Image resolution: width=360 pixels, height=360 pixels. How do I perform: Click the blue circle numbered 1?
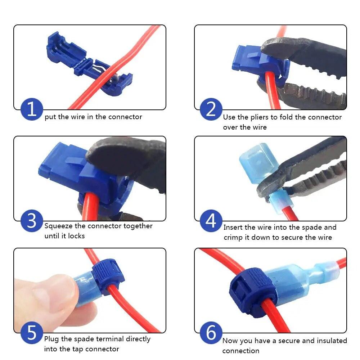pyautogui.click(x=32, y=109)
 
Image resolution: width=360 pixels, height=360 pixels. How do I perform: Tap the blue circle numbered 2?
pyautogui.click(x=211, y=109)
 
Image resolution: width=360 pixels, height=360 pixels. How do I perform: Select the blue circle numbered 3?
pyautogui.click(x=32, y=220)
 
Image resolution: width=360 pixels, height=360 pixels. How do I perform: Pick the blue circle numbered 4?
pyautogui.click(x=211, y=220)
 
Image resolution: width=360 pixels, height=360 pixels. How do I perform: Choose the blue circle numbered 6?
pyautogui.click(x=211, y=333)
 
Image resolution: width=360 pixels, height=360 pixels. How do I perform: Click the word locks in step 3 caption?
pyautogui.click(x=76, y=236)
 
